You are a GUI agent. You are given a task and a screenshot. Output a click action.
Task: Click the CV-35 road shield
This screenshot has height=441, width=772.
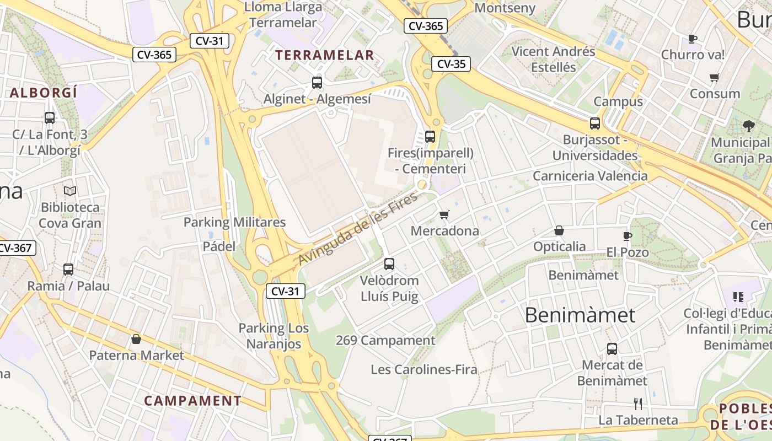(451, 64)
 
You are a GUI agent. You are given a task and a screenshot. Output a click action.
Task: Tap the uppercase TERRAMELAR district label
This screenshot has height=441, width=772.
(325, 55)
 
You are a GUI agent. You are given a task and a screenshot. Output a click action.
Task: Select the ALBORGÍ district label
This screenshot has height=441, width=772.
(44, 93)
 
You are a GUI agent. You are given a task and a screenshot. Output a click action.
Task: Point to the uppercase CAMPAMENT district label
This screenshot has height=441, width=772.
(192, 401)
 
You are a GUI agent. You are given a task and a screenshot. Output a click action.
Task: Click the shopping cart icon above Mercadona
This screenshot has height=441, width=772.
(444, 214)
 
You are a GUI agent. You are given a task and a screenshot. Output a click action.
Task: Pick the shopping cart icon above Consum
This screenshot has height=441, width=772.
(715, 78)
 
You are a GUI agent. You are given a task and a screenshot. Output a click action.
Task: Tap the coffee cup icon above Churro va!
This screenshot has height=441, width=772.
(693, 39)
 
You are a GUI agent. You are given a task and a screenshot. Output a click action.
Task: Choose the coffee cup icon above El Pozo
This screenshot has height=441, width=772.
(627, 236)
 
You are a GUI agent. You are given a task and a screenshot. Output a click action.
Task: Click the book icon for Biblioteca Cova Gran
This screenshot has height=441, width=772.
(70, 191)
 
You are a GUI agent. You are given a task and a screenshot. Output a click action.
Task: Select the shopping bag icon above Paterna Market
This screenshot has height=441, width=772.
(136, 339)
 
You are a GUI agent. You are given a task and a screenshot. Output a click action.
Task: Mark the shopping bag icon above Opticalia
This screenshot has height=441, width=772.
(559, 230)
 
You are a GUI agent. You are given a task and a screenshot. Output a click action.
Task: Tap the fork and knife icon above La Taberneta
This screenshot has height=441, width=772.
(638, 404)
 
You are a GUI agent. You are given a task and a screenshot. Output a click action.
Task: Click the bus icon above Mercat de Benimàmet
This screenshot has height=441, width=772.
(612, 349)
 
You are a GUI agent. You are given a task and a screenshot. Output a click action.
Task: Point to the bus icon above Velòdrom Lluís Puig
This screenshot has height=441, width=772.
(389, 264)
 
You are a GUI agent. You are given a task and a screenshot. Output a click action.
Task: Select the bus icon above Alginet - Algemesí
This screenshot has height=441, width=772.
(317, 83)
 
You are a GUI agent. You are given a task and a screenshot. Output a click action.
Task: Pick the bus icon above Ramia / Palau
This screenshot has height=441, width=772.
(68, 270)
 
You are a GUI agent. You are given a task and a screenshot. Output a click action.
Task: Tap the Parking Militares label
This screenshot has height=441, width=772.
(234, 222)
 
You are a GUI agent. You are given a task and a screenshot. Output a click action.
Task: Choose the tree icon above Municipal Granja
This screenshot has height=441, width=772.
(748, 126)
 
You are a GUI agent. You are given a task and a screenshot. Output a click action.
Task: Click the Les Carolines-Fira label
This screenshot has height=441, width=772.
(424, 369)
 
